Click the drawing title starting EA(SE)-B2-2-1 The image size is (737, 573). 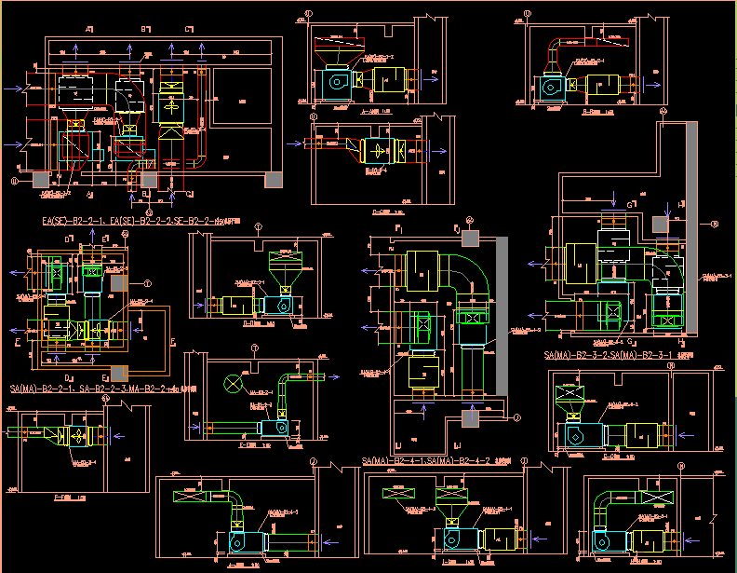click(140, 222)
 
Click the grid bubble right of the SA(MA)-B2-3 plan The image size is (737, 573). click(715, 224)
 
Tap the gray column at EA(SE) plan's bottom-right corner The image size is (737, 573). click(273, 180)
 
